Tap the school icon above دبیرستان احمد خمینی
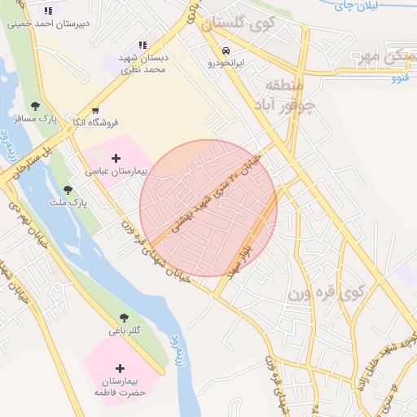coord(47,11)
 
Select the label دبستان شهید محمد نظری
coord(143,64)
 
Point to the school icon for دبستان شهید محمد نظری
coord(143,46)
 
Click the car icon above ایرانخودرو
coord(225,50)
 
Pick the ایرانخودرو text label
coord(225,63)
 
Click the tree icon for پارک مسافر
coord(35,107)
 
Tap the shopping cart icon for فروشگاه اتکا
coord(96,110)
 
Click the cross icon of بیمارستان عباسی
coord(116,159)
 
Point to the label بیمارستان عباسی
coord(115,173)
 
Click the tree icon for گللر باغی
coord(124,318)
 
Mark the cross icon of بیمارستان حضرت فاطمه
coord(123,368)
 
